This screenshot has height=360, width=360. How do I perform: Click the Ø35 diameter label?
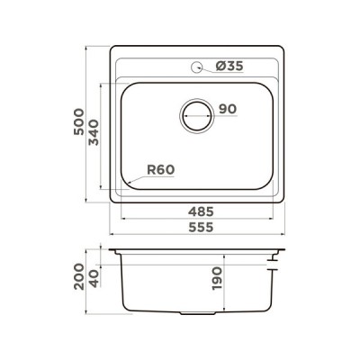pos(229,66)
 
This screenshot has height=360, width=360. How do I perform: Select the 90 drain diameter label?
pos(228,109)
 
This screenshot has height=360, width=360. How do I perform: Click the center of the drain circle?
pos(197,116)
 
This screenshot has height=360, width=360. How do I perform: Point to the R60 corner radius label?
pos(161,170)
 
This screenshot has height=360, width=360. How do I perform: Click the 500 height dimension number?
pos(79,121)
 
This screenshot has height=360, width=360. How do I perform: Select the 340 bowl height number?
pos(94,132)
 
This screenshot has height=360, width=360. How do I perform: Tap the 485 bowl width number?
pos(201,211)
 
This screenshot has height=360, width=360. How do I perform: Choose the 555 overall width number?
pos(201,227)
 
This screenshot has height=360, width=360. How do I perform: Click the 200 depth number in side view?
pos(79,276)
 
